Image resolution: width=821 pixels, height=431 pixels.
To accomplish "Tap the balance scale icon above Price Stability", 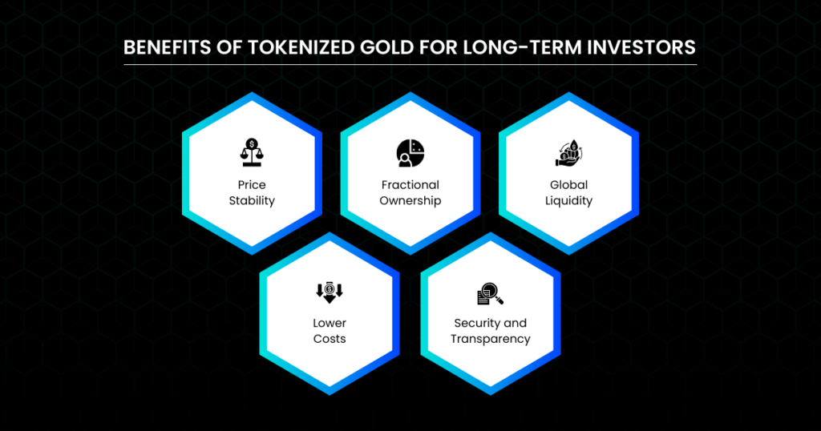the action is [252, 152].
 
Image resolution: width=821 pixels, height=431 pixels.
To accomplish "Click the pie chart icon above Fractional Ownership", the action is [410, 153].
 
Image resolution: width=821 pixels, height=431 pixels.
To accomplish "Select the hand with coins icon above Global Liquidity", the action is [568, 153].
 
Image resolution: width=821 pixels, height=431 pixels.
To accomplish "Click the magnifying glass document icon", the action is [491, 293].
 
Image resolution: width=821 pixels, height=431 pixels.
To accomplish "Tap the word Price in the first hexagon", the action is [252, 184].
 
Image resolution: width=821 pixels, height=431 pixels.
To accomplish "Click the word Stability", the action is [252, 201].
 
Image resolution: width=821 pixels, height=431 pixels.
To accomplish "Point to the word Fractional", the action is [410, 184].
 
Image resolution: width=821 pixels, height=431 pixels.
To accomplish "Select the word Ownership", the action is [410, 201].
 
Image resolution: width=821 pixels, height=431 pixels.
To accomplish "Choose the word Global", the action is [568, 184].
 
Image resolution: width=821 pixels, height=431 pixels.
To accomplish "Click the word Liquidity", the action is [568, 201].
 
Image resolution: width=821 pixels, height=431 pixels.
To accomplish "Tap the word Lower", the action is [330, 324].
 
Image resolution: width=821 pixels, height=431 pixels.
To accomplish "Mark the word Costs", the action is [330, 339].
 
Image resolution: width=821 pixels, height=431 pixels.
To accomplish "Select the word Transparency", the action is [491, 340].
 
